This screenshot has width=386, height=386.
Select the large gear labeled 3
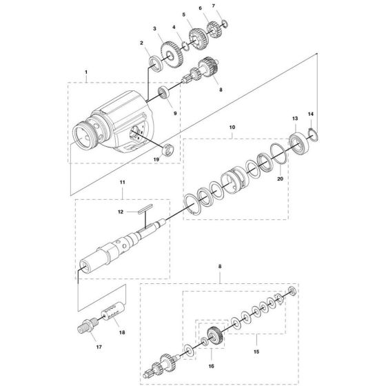168,52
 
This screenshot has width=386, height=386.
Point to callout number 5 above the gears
183,14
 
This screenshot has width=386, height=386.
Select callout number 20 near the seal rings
279,179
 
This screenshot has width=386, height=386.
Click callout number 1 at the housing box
86,72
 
